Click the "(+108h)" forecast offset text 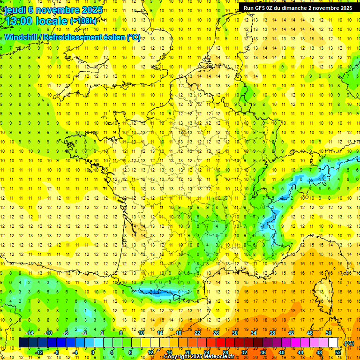coord(83,21)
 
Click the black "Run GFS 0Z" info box coord(298,8)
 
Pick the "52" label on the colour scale coord(338,352)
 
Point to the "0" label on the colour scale coord(93,352)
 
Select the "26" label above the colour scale coord(216,333)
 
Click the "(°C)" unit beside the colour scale coord(349,343)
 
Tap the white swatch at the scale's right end coord(333,343)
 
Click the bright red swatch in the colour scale coord(220,343)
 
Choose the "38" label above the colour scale coord(272,333)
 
